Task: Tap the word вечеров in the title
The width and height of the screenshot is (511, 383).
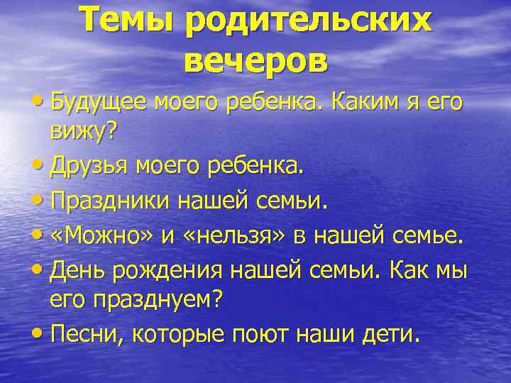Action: pos(255,62)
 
